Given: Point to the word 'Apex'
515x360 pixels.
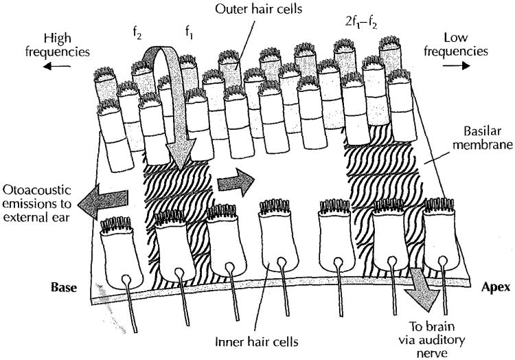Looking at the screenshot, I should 491,289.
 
